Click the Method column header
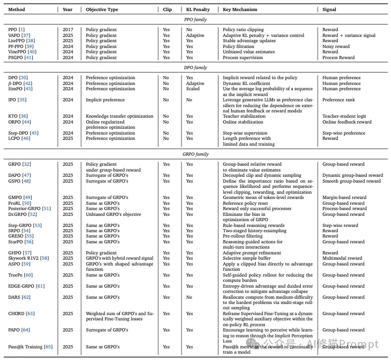coord(17,10)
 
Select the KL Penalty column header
coord(197,10)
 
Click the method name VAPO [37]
coord(20,35)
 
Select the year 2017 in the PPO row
coord(68,30)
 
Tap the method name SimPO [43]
coord(21,89)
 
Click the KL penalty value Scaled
coord(193,89)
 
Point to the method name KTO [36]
coord(18,117)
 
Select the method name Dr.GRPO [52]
coord(23,214)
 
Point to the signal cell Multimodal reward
coord(342,258)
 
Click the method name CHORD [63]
coord(22,314)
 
